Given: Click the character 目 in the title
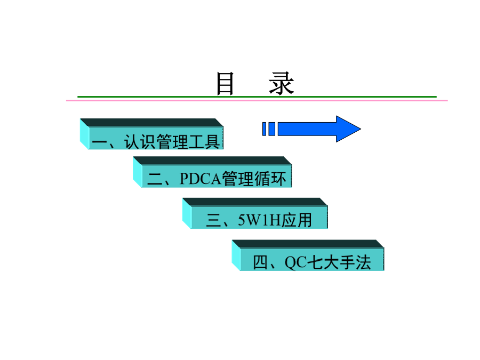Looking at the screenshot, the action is [225, 83].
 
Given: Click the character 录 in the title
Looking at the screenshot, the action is [281, 83].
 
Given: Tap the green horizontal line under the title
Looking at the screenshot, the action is [257, 97].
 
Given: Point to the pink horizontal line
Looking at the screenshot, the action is [257, 100].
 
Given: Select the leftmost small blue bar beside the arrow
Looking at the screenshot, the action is [264, 129].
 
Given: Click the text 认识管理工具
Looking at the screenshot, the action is [172, 142].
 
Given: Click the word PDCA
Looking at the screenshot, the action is [200, 179].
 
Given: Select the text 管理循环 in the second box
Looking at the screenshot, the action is [254, 179].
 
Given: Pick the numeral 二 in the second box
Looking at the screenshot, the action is [155, 179].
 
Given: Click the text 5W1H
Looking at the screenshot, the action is [259, 220].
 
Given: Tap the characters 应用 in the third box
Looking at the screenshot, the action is [297, 220].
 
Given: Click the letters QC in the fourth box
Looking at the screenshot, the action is [295, 262].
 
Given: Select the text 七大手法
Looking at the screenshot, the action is [339, 262].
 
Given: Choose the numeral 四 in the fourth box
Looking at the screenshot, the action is [260, 262].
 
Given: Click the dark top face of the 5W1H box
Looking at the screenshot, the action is [255, 202].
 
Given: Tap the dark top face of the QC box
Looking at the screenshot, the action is [308, 244].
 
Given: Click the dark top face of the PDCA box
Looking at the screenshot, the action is [212, 161].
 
